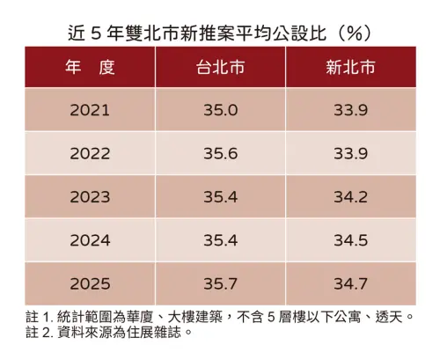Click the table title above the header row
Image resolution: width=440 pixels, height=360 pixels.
(x=219, y=32)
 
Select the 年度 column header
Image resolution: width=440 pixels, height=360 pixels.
(x=90, y=67)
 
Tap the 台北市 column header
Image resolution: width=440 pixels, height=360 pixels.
(x=219, y=67)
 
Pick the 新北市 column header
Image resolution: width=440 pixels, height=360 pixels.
(x=351, y=67)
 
